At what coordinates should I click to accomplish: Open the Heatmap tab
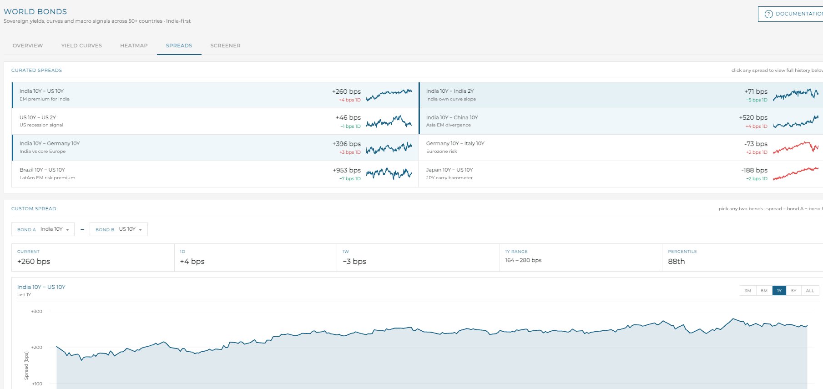point(134,45)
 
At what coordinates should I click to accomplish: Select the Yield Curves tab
point(81,45)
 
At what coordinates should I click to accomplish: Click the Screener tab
point(225,45)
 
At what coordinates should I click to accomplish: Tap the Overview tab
point(28,45)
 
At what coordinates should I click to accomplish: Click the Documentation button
point(791,14)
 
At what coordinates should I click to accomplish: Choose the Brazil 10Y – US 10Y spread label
point(42,170)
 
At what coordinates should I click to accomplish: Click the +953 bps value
point(347,170)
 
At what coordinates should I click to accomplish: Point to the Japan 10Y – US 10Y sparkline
point(796,173)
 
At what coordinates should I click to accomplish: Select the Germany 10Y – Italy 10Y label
point(455,143)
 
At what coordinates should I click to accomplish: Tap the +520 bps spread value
point(753,117)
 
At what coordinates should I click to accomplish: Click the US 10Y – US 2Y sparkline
point(389,121)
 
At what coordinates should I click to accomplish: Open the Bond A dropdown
point(43,229)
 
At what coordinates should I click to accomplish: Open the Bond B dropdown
point(119,229)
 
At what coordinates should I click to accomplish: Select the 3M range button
point(748,291)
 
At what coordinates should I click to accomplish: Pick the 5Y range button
point(793,291)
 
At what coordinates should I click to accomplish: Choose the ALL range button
point(810,291)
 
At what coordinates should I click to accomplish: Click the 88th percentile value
point(677,261)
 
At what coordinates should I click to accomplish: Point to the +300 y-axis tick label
point(37,312)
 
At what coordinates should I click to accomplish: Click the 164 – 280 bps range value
point(523,260)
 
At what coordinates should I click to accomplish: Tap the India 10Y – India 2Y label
point(450,91)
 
